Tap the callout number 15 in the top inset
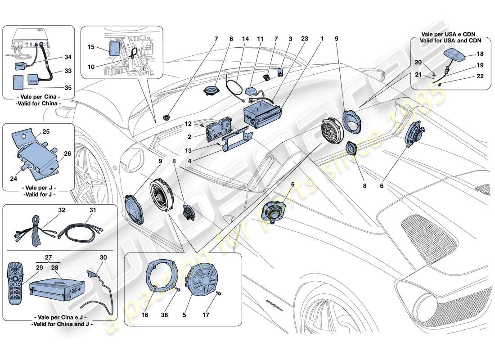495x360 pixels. tap(91, 47)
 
